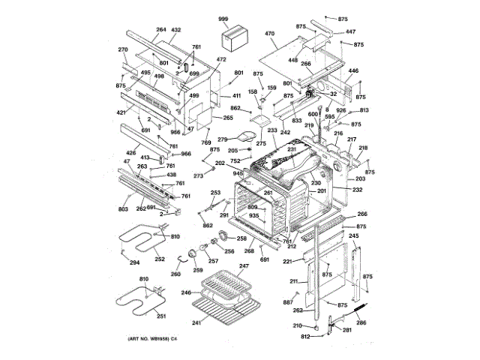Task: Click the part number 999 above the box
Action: (223, 18)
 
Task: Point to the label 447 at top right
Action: (351, 31)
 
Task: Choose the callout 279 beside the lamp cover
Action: (222, 139)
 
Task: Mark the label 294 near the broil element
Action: (135, 262)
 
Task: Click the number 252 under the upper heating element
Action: (160, 259)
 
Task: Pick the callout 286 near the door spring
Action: (361, 322)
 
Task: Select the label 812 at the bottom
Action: (305, 336)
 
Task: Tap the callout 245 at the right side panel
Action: (354, 236)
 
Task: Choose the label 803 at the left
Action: (123, 210)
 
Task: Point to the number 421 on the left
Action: (121, 113)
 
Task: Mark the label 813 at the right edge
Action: (364, 110)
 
